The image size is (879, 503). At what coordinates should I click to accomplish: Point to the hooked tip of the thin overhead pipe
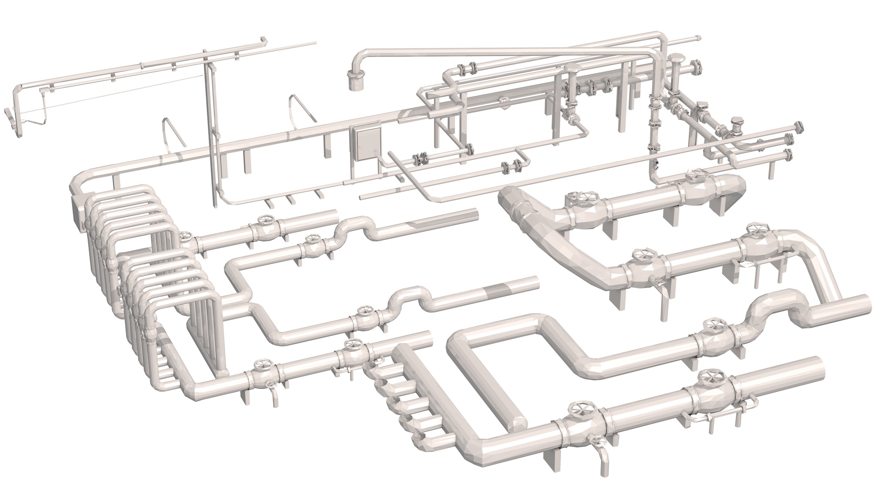[x=264, y=40]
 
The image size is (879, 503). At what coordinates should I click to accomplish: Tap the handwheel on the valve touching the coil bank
[x=185, y=236]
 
